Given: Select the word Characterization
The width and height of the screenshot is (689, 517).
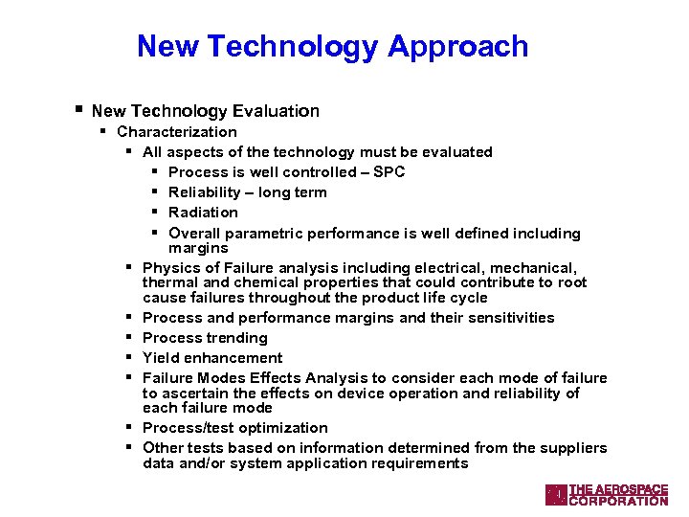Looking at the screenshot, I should pos(177,132).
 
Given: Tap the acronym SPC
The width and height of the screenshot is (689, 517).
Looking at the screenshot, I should pos(389,172).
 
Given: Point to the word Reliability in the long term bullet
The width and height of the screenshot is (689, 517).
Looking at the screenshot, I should pos(207,192).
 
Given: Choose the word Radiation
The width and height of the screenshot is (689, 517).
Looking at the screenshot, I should pos(203,213).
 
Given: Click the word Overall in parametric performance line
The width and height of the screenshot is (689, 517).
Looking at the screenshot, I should pos(194,234).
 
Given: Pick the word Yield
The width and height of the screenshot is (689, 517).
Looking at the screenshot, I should pos(160,358).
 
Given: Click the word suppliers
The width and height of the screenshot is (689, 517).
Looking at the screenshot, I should pos(574,448).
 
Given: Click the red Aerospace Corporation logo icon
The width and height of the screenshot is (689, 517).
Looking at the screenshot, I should pos(555,494).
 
